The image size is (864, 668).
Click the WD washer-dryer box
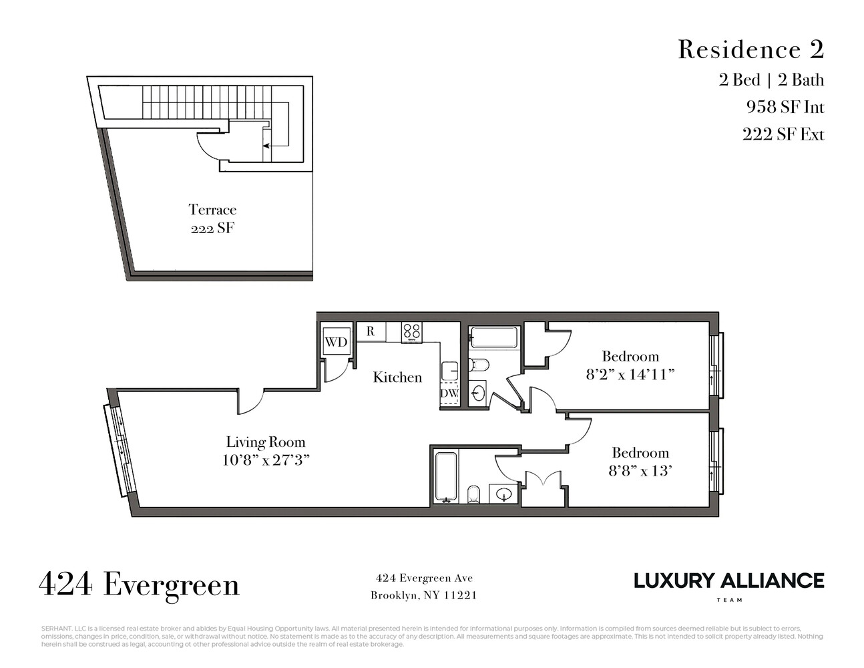337,342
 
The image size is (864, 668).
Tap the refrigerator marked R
371,331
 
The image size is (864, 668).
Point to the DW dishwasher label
449,394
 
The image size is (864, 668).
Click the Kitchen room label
397,377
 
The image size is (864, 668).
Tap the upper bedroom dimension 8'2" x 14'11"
630,374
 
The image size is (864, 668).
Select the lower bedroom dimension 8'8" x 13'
640,470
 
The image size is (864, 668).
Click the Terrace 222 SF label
212,218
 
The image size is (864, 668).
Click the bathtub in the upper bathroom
493,337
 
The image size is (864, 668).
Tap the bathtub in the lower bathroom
445,477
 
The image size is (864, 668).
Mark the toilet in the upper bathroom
479,365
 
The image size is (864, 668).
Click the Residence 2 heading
751,49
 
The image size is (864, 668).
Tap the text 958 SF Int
785,107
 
